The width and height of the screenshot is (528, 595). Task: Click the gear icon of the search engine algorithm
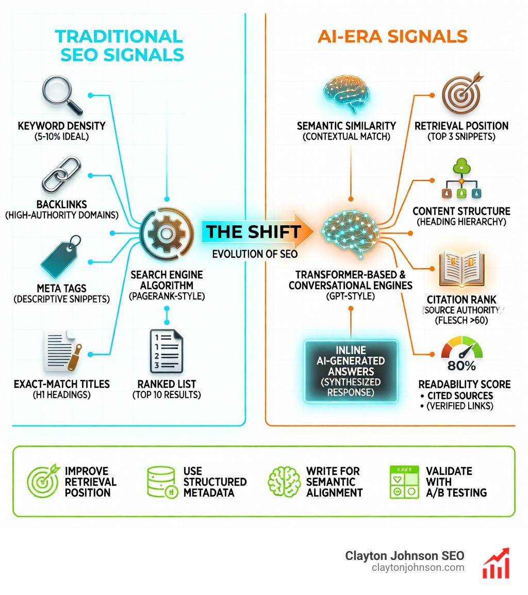coord(166,234)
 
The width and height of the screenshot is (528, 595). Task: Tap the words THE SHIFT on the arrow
coord(253,232)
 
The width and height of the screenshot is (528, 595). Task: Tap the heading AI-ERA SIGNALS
coord(392,37)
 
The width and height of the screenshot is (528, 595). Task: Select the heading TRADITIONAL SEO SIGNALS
coord(119,45)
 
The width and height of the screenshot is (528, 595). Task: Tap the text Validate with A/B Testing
coord(456,482)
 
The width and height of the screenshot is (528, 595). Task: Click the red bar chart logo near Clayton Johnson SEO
coord(496,563)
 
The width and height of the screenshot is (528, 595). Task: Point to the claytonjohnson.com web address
coord(418,567)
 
